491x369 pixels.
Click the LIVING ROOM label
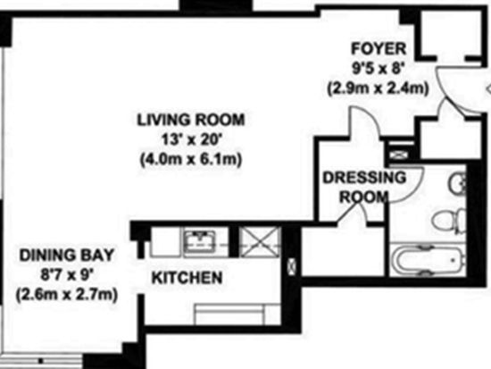[x=191, y=120]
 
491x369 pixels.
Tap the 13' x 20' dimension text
[x=191, y=139]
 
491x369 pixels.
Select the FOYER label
[x=379, y=48]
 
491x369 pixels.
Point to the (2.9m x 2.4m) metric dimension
[x=378, y=88]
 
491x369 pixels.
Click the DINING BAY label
[x=67, y=256]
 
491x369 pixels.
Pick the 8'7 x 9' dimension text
[x=67, y=275]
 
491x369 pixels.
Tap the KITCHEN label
[x=187, y=278]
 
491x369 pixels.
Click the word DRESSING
[x=364, y=178]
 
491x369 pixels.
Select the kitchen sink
[x=200, y=242]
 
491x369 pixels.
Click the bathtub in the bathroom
[x=428, y=260]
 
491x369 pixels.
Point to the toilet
[x=448, y=220]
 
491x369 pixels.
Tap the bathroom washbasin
[x=457, y=183]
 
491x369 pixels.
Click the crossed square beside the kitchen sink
[x=260, y=242]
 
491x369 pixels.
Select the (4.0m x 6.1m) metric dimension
[x=191, y=159]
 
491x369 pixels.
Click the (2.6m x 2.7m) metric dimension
[x=67, y=295]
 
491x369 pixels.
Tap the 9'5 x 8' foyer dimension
[x=377, y=68]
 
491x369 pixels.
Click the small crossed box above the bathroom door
[x=400, y=155]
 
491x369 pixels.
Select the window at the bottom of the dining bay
[x=41, y=361]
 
